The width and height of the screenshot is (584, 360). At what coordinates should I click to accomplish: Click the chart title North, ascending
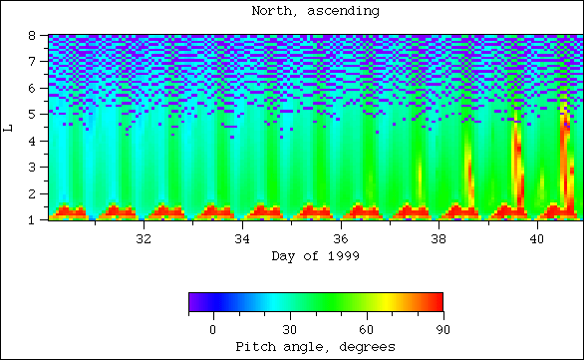pos(315,11)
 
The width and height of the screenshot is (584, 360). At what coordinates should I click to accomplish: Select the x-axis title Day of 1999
pos(315,256)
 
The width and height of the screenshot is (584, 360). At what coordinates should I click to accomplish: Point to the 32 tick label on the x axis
pos(143,239)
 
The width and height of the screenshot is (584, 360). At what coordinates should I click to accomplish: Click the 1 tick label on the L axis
pos(34,218)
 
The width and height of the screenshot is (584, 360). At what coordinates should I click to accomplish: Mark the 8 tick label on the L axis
pos(34,36)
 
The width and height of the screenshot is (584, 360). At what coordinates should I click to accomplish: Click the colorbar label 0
pos(212,328)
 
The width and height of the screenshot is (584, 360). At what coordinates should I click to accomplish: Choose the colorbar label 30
pos(289,328)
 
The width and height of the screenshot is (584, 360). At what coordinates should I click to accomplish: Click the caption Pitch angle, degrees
pos(315,346)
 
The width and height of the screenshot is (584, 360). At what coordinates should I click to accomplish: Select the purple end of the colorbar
pos(192,302)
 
